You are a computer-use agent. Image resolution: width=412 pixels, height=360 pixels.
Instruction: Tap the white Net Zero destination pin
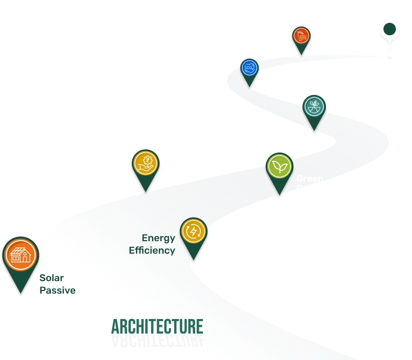point(389,30)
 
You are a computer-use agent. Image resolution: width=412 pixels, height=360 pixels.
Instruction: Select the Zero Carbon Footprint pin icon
point(301,36)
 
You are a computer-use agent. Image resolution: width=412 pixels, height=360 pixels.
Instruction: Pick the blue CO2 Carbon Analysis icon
point(249,68)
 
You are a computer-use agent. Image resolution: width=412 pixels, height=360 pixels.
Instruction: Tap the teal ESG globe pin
point(313,106)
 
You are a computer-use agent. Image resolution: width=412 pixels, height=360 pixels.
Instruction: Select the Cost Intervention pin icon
point(145,163)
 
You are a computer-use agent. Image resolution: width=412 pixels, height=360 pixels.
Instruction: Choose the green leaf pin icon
point(279,167)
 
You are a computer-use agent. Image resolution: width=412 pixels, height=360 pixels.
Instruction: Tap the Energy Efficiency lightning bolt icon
point(194,231)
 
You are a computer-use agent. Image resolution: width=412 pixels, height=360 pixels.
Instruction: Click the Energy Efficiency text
point(152,244)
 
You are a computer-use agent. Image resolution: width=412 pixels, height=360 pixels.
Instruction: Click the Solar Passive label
point(58,284)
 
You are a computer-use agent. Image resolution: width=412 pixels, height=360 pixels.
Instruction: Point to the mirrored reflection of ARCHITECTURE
point(157,340)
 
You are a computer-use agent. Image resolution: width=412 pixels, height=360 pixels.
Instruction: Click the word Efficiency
point(152,250)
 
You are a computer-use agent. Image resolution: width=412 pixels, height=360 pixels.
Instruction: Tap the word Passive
point(58,290)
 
